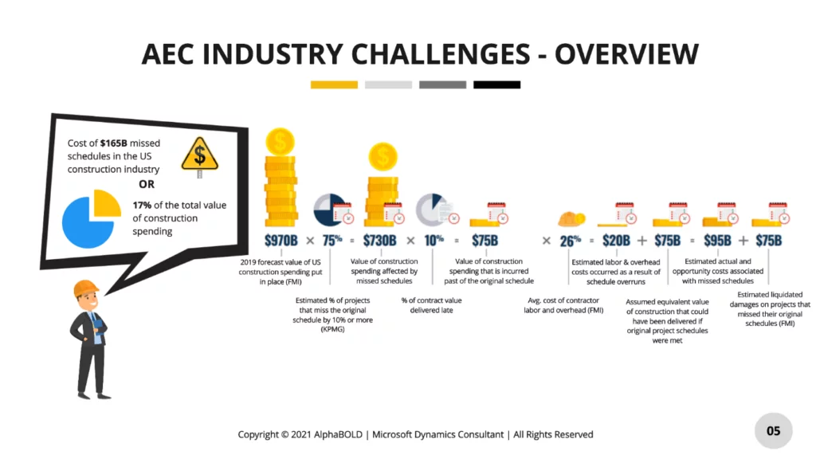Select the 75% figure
[x=331, y=240]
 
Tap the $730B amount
[x=380, y=240]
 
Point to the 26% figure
[x=571, y=240]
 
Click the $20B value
[x=616, y=240]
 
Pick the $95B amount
[x=717, y=240]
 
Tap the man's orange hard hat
[x=85, y=288]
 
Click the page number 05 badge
[x=774, y=431]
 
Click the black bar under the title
[x=496, y=84]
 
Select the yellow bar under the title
[x=334, y=84]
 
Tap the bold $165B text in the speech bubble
[x=115, y=143]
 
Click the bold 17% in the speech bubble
[x=142, y=205]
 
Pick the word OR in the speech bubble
[x=147, y=184]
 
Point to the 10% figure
[x=433, y=240]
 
